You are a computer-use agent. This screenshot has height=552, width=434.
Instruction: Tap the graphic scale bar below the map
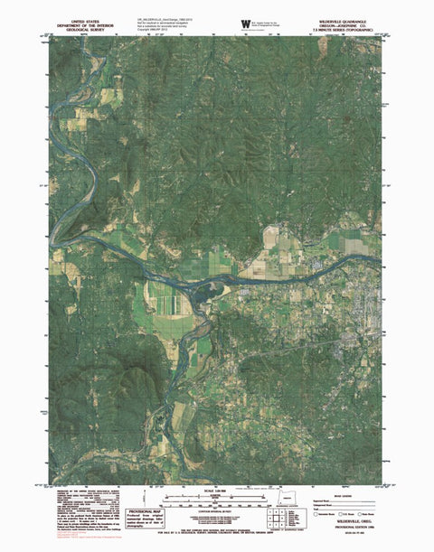tap(217, 496)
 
